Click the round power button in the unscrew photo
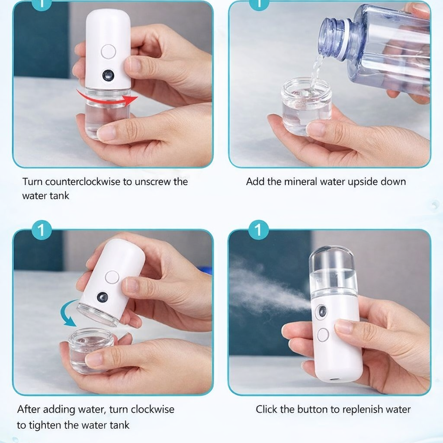pyautogui.click(x=109, y=52)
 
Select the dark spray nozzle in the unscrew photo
pyautogui.click(x=108, y=76)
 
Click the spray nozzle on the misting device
pyautogui.click(x=322, y=311)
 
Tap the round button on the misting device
pyautogui.click(x=323, y=335)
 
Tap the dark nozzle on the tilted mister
pyautogui.click(x=103, y=297)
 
